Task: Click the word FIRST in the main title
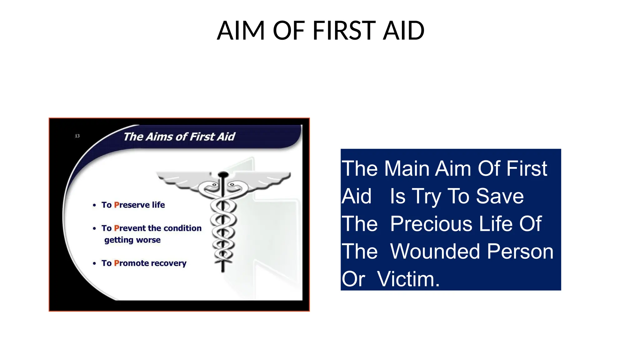(x=344, y=31)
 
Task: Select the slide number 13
(x=77, y=136)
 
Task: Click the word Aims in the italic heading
(x=159, y=137)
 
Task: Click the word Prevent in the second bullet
(x=130, y=228)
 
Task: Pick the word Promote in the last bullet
(x=131, y=263)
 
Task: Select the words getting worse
(x=132, y=240)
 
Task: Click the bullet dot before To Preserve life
(x=94, y=205)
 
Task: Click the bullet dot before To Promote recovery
(x=94, y=263)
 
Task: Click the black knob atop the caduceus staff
(x=223, y=174)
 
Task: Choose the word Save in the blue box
(x=500, y=196)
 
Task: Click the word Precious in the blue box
(x=431, y=224)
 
